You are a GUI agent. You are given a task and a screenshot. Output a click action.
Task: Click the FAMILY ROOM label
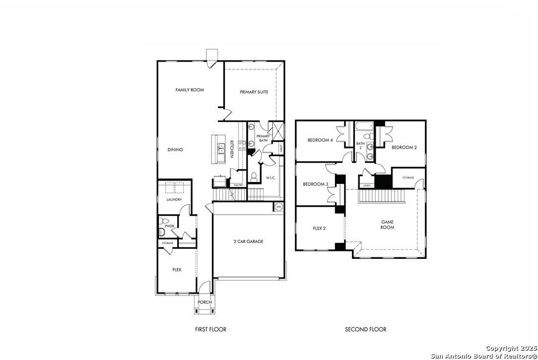[x=190, y=90]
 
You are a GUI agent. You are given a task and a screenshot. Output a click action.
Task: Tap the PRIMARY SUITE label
[x=254, y=92]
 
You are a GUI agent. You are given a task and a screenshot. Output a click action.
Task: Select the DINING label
[x=175, y=150]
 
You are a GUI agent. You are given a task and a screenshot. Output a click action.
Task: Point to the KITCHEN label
[x=232, y=149]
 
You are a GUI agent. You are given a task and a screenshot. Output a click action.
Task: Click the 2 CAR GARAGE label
[x=248, y=241]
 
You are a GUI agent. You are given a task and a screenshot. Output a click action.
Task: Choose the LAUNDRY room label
[x=174, y=200]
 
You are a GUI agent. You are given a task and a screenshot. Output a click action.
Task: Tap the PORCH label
[x=204, y=302]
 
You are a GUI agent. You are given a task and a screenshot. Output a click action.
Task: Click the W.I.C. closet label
[x=270, y=178]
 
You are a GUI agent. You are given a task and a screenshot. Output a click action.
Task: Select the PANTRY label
[x=239, y=185]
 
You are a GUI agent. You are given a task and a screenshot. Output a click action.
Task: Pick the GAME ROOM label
[x=388, y=225]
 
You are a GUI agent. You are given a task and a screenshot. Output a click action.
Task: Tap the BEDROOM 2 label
[x=403, y=147]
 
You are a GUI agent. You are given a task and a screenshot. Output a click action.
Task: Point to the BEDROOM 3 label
[x=316, y=184]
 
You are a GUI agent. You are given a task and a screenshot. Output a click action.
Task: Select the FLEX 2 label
[x=320, y=229]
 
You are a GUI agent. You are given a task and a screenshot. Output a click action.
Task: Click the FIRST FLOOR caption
[x=210, y=329]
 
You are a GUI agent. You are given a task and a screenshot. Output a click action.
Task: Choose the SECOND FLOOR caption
[x=366, y=329]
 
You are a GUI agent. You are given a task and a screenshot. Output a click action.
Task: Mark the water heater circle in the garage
[x=278, y=206]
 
